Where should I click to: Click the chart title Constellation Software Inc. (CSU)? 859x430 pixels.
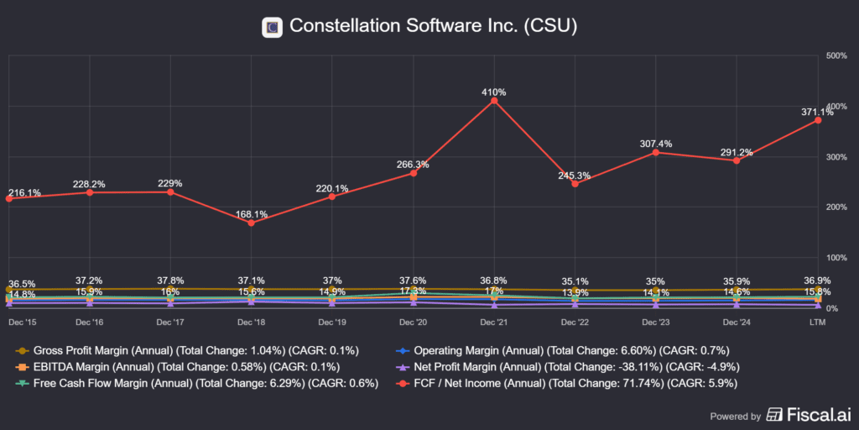click(x=433, y=26)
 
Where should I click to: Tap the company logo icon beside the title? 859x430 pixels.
click(x=272, y=27)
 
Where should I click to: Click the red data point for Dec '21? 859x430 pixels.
click(x=494, y=101)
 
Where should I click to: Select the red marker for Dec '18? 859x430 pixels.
click(x=252, y=223)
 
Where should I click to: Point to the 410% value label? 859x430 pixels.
click(x=494, y=92)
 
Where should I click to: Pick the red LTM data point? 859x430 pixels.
click(x=817, y=120)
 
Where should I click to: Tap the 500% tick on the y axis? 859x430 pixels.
click(x=836, y=55)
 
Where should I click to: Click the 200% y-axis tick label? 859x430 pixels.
click(x=836, y=207)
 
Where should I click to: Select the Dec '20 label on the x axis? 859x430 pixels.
click(x=414, y=322)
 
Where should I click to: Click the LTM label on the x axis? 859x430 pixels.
click(x=817, y=322)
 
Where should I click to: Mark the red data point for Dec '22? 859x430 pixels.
click(x=575, y=184)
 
